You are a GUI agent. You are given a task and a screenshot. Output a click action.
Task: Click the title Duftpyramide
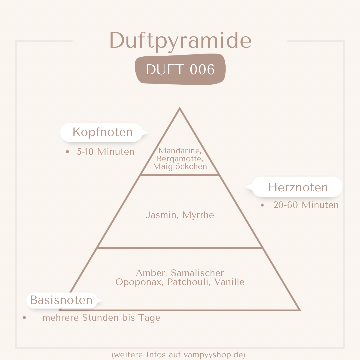point(180,41)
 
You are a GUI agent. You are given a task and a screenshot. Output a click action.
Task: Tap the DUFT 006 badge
point(180,69)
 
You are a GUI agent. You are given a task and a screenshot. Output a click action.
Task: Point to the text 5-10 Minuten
point(105,152)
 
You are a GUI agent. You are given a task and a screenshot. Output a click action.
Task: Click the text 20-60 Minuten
point(306,205)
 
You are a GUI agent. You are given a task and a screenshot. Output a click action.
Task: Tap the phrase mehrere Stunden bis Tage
point(101,318)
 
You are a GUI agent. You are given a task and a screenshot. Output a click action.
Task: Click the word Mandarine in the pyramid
point(180,151)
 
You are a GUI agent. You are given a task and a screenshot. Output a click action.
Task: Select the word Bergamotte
point(180,159)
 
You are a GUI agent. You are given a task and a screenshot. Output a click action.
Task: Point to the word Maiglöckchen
point(180,166)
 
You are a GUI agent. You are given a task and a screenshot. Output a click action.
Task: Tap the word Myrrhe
point(198,215)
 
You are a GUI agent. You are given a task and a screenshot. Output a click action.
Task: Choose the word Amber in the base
point(151,273)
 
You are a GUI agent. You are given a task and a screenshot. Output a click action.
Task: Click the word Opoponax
point(139,282)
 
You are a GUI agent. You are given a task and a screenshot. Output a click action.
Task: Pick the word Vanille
point(229,282)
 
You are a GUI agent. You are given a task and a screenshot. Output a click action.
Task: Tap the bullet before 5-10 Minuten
point(67,152)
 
